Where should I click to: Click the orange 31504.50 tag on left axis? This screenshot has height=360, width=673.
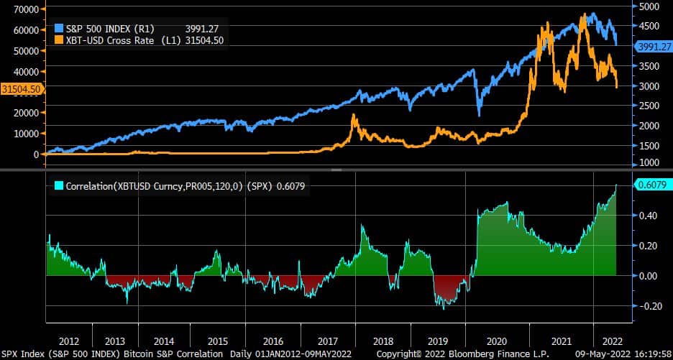click(x=22, y=88)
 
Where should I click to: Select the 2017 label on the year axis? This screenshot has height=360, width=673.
click(x=328, y=341)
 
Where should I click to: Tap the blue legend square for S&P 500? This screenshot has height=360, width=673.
click(x=59, y=27)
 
